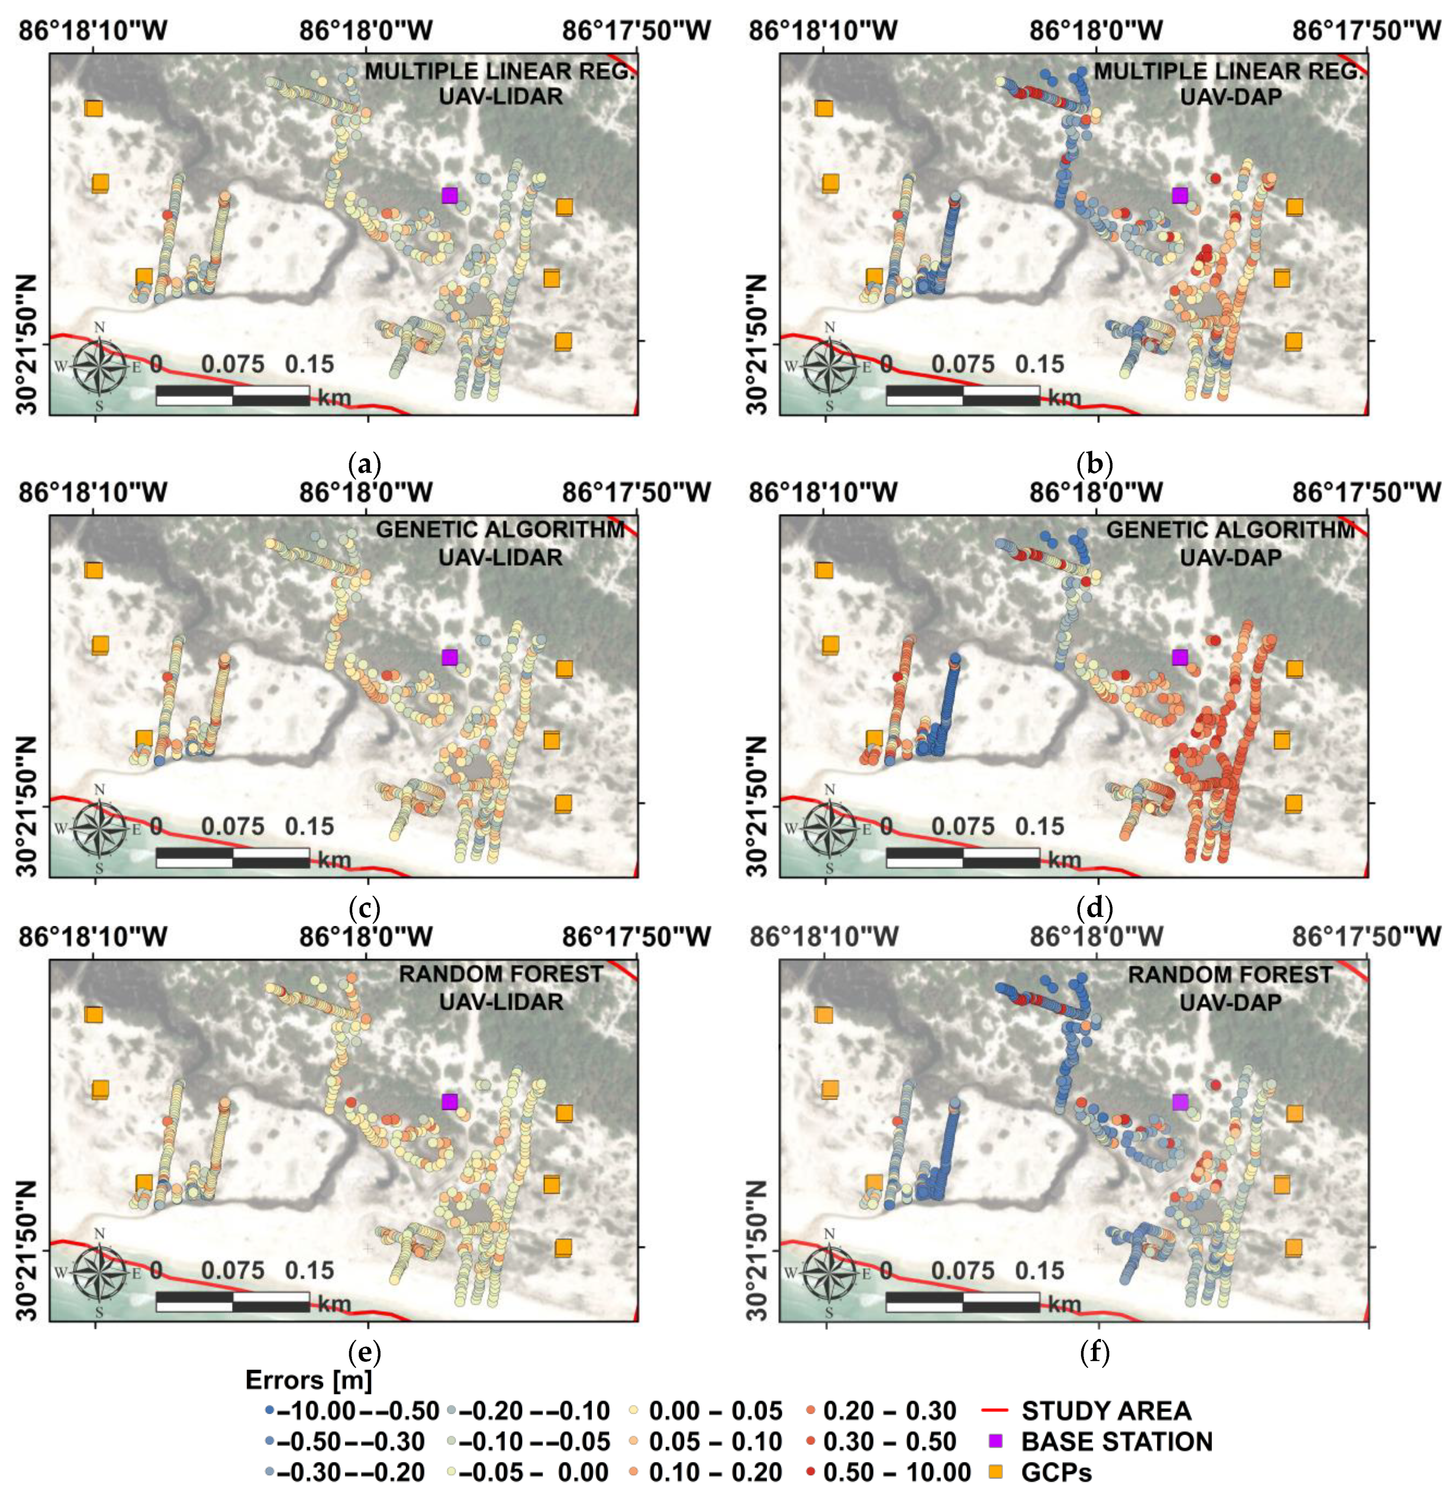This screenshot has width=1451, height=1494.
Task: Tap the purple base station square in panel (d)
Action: pyautogui.click(x=1179, y=656)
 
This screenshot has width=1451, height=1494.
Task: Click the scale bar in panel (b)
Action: pyautogui.click(x=963, y=395)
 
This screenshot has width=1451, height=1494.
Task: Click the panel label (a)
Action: pyautogui.click(x=364, y=463)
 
